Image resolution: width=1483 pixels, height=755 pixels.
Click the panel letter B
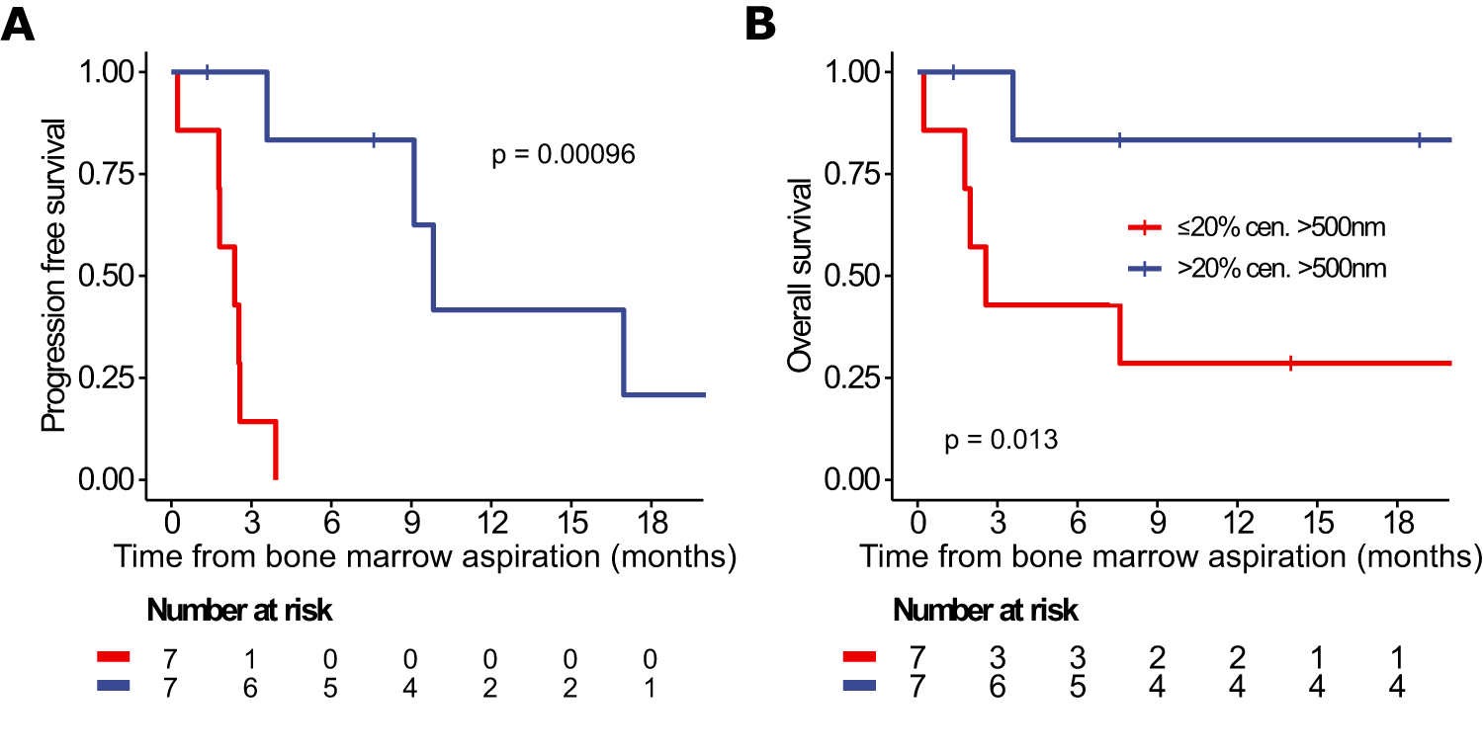[761, 24]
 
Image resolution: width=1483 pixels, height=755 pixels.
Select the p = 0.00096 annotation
[564, 155]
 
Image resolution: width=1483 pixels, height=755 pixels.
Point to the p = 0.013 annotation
[1002, 440]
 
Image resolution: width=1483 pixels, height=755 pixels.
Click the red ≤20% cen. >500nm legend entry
[1257, 228]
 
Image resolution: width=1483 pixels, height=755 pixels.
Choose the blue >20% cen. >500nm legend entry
[1257, 269]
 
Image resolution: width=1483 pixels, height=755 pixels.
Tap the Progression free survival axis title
[54, 275]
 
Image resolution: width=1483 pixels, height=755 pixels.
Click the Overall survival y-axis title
[800, 276]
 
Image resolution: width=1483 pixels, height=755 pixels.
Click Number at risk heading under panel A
[239, 612]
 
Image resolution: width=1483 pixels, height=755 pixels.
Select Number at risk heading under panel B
[986, 612]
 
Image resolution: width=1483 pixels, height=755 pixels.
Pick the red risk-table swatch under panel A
[115, 658]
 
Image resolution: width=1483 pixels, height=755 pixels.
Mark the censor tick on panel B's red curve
[1290, 364]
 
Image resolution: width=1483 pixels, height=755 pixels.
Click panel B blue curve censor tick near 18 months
[1419, 140]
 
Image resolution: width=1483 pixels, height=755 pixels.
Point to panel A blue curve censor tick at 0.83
[374, 140]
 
